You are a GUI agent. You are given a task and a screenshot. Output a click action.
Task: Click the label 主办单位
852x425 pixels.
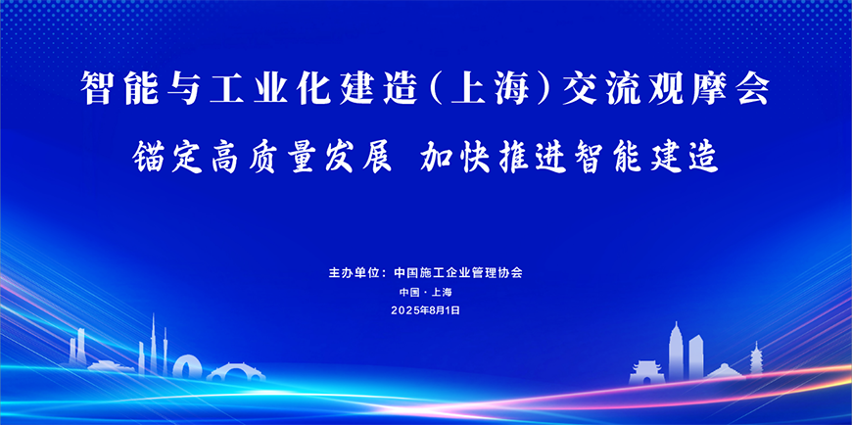[x=356, y=272]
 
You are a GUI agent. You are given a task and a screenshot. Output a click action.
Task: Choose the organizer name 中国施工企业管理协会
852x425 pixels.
[x=463, y=272]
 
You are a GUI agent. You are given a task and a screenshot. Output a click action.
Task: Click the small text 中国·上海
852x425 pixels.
[x=425, y=292]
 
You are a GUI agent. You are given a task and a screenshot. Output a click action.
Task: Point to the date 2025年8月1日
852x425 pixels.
[x=425, y=309]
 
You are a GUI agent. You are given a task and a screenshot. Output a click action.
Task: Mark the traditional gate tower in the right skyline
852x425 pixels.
[x=647, y=370]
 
